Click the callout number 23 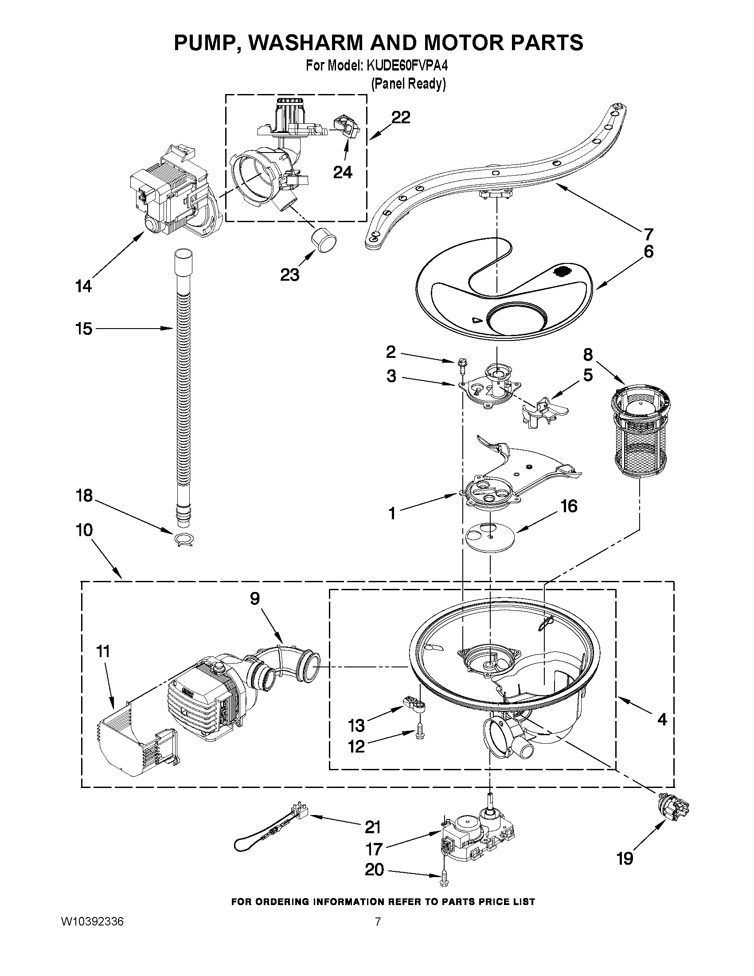(289, 275)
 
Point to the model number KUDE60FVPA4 (407, 66)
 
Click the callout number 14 (83, 286)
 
